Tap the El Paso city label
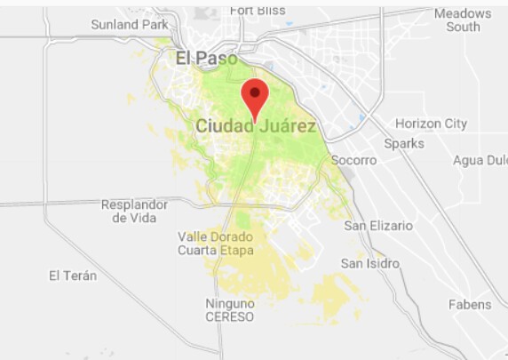click(x=206, y=59)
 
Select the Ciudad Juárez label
click(x=256, y=127)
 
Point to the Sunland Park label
click(x=129, y=24)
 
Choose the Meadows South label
click(x=463, y=20)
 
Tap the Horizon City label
click(x=431, y=124)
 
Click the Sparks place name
click(x=404, y=143)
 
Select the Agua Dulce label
click(x=480, y=160)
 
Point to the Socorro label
click(x=353, y=160)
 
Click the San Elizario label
click(x=378, y=226)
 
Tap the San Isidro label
click(x=370, y=264)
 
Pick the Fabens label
click(x=470, y=304)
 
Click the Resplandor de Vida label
click(x=135, y=211)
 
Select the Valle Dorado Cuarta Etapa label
click(x=216, y=244)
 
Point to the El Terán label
click(x=73, y=276)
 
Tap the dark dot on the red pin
click(x=255, y=91)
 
